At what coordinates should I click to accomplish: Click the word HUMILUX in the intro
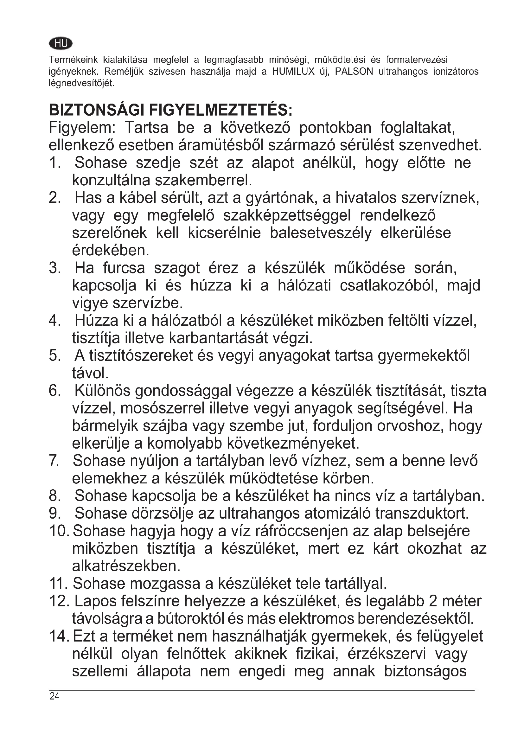click(293, 71)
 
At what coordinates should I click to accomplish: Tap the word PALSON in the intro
click(354, 71)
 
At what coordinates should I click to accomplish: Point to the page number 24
click(54, 705)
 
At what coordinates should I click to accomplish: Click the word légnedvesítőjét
click(81, 83)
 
